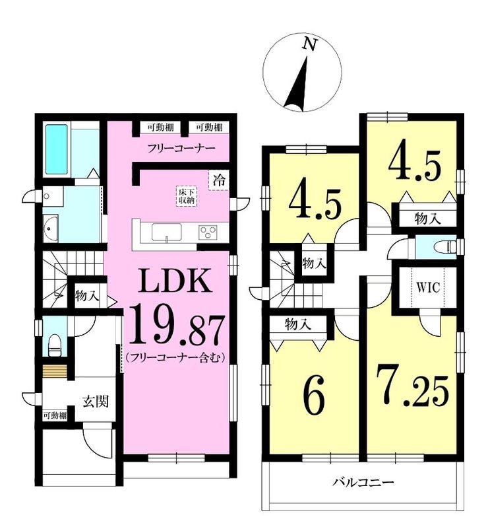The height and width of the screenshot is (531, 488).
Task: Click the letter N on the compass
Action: click(x=310, y=44)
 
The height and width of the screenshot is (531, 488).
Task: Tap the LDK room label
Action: click(x=175, y=281)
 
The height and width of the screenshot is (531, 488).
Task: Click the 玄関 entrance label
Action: click(x=96, y=401)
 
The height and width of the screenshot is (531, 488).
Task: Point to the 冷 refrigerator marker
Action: click(x=219, y=180)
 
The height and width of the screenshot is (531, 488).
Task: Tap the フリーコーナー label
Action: click(x=181, y=149)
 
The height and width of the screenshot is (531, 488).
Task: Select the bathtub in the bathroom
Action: click(x=57, y=149)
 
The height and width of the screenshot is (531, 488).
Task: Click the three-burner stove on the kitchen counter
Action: click(x=208, y=232)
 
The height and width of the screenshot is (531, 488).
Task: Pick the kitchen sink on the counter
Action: click(x=166, y=232)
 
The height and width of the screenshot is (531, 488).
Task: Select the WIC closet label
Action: click(x=427, y=287)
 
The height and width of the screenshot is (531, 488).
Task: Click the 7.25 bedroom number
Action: click(x=413, y=388)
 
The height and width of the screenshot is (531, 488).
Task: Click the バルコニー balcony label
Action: click(x=363, y=482)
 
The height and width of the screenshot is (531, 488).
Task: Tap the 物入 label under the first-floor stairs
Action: click(x=87, y=296)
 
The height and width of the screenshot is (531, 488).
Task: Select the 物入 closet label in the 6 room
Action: click(x=297, y=324)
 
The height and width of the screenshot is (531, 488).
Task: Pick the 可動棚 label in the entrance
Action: click(x=55, y=415)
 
